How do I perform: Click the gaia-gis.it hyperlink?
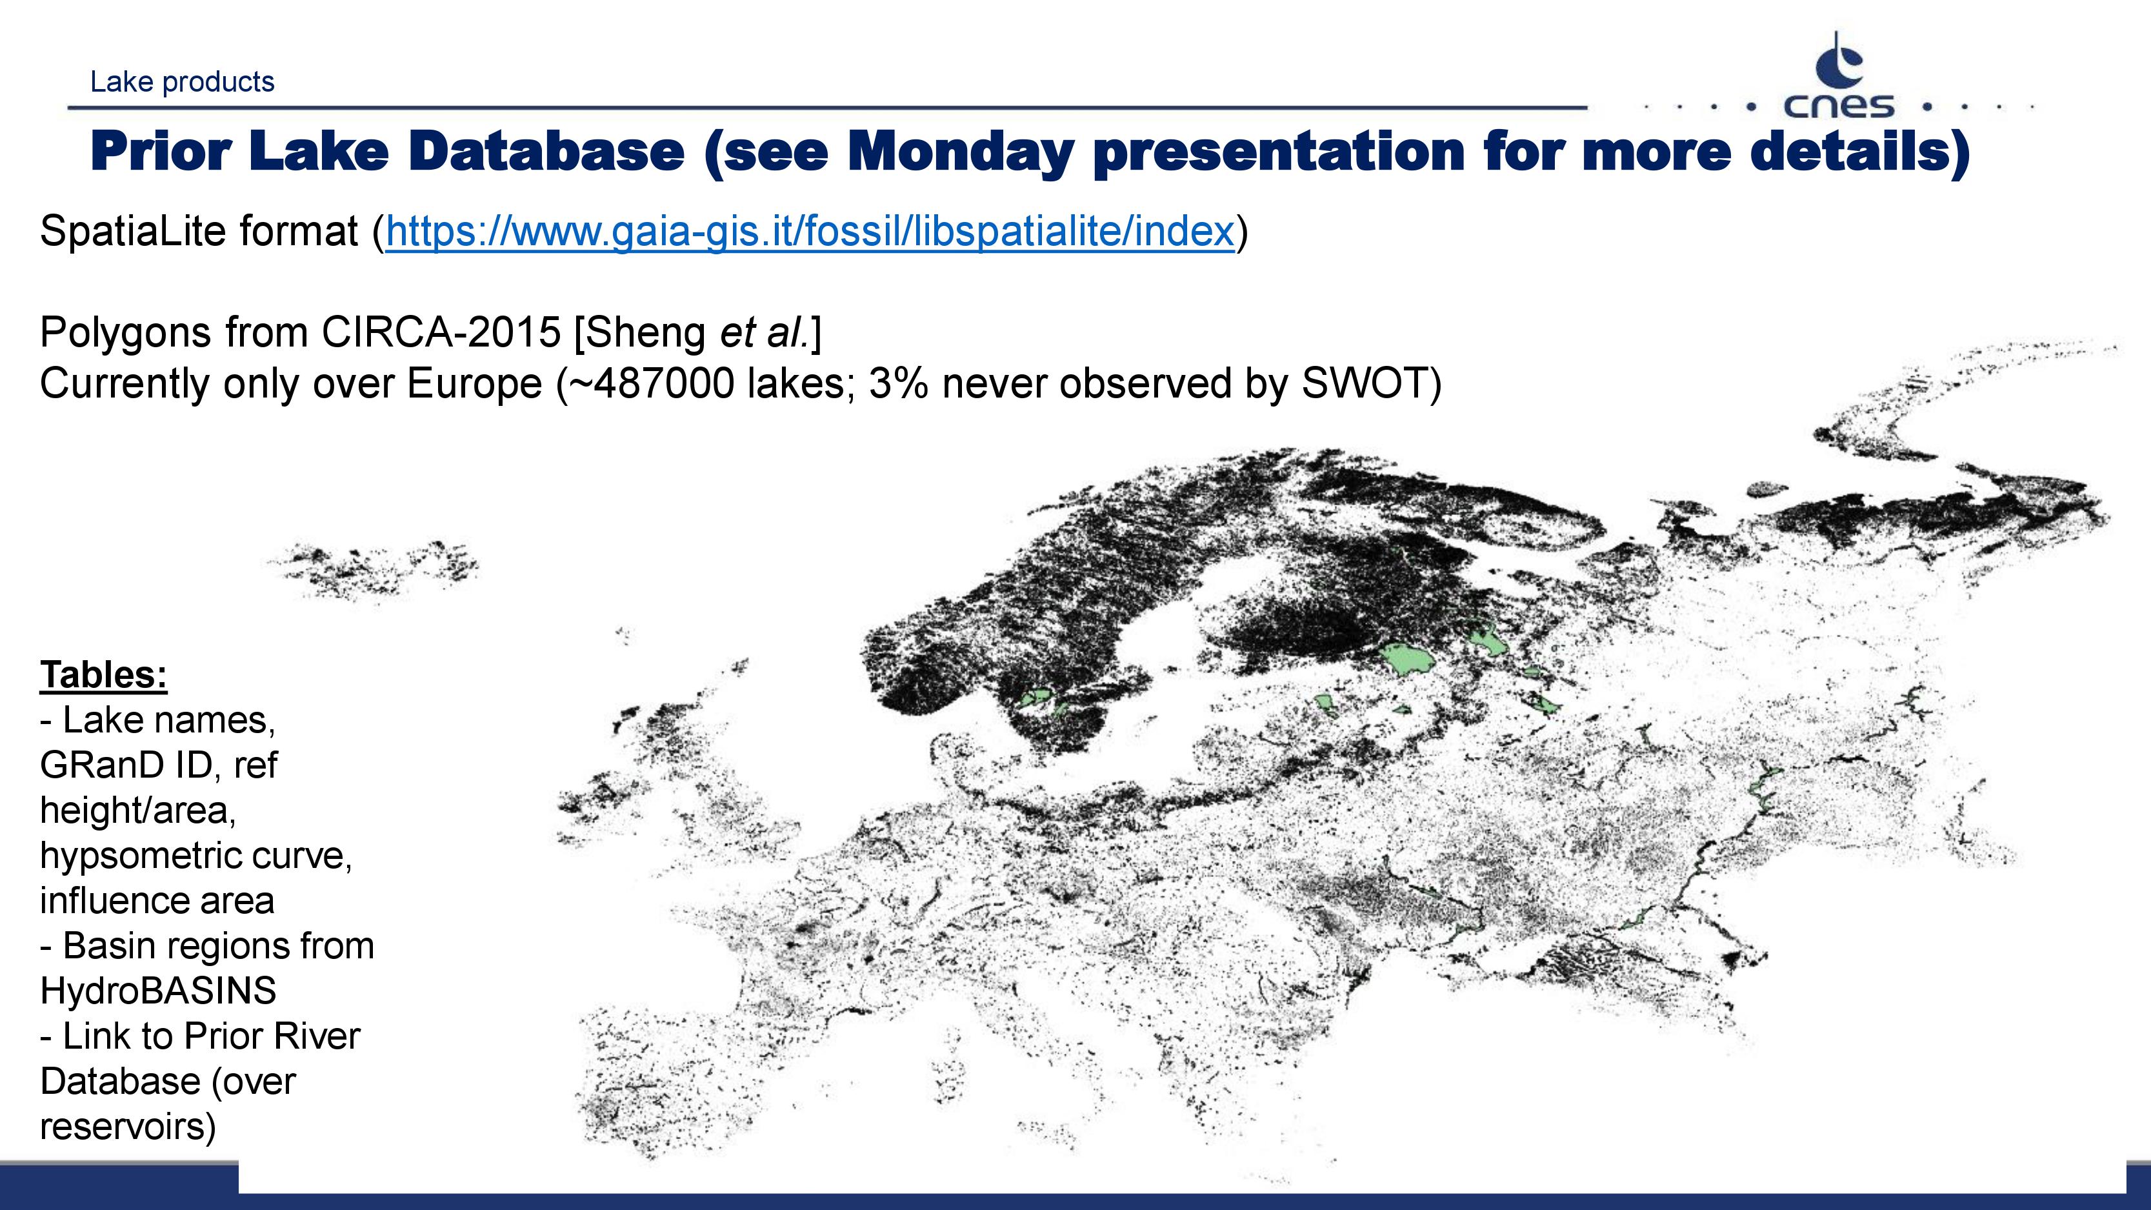coord(809,231)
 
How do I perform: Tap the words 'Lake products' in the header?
coord(182,82)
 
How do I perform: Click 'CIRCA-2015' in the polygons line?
coord(441,332)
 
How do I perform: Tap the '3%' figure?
coord(897,384)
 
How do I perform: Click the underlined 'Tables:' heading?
coord(103,675)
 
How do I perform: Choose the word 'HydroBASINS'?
coord(158,991)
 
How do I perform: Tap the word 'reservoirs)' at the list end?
coord(128,1127)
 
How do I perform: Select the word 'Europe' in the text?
coord(474,384)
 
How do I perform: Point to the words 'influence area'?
coord(157,901)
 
